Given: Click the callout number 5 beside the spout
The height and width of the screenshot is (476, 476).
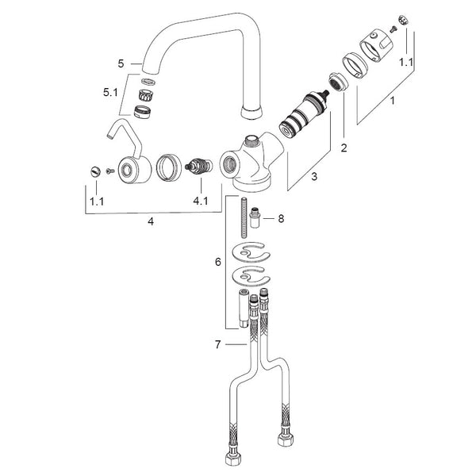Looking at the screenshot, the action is coord(121,63).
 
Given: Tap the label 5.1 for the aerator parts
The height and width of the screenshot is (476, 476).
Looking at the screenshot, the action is coord(110,92).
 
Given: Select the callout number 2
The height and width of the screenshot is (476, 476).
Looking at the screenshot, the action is coord(344,148).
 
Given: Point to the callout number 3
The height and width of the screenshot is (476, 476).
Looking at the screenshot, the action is coord(314,176).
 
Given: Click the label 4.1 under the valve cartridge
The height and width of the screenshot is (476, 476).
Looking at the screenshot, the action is coord(201,201).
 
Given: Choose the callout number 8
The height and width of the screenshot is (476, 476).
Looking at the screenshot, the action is coord(281,218).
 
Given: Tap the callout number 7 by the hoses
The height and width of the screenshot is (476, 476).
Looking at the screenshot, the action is coord(217,344).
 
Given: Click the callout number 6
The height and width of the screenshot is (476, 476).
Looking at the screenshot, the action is coord(218,262).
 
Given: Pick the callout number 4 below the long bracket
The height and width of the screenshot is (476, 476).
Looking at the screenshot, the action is coord(151,221).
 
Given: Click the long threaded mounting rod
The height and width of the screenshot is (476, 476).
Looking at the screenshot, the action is coord(244,217).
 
